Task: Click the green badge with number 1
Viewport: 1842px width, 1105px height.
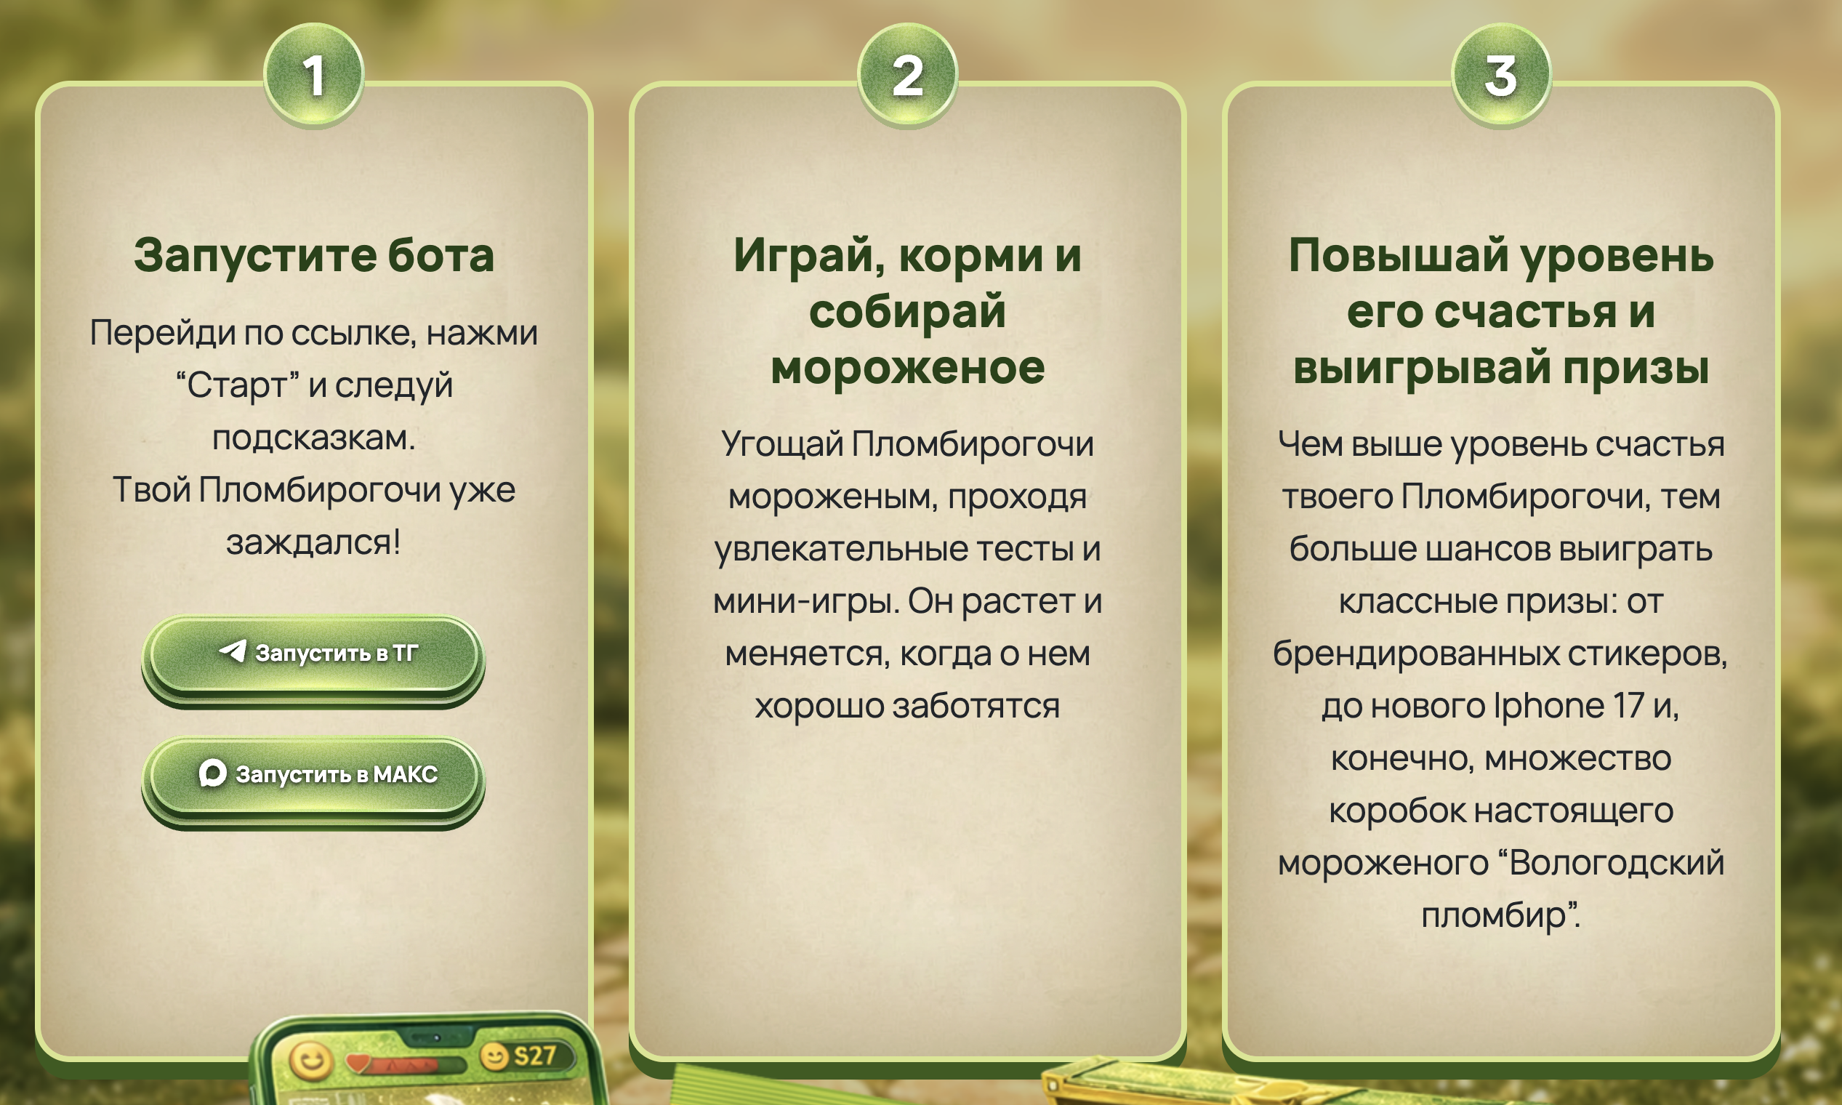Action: pos(313,74)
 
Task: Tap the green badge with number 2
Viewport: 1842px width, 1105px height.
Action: pos(908,74)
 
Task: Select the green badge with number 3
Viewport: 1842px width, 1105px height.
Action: pos(1501,74)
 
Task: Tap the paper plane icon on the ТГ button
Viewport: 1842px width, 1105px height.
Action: pos(233,651)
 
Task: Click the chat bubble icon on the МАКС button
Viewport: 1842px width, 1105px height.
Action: pos(212,773)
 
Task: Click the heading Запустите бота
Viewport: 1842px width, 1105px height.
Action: pos(313,255)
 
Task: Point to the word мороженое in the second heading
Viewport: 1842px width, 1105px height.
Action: pos(908,368)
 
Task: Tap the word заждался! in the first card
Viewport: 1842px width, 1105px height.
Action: pos(313,542)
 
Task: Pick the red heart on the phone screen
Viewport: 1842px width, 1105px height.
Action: pos(359,1062)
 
